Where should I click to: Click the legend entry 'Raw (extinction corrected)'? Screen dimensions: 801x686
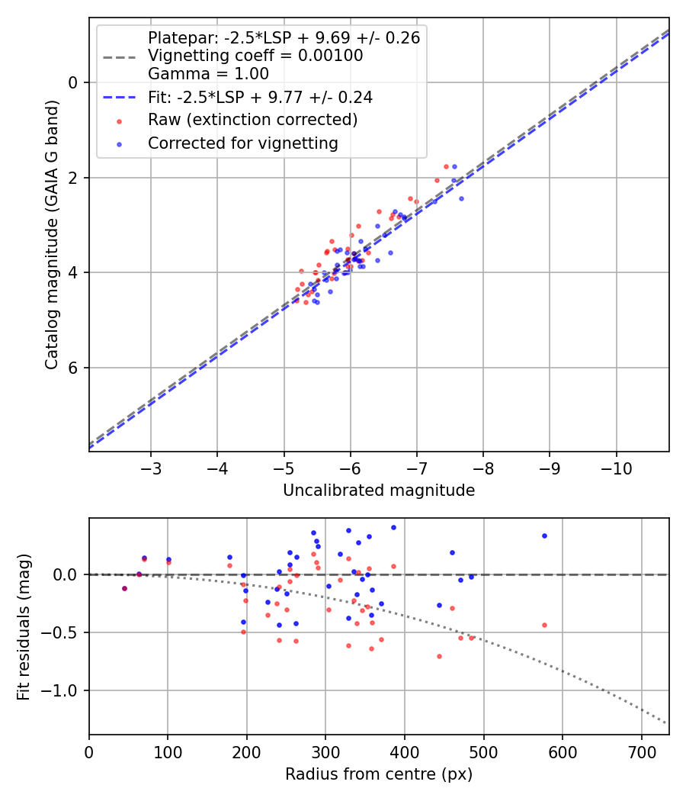coord(252,120)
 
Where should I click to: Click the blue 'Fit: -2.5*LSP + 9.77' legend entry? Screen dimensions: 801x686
coord(260,97)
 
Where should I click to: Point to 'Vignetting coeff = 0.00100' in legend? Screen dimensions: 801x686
coord(255,56)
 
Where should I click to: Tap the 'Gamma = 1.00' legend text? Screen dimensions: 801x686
coord(208,74)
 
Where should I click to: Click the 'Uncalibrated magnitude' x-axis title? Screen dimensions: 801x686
coord(379,491)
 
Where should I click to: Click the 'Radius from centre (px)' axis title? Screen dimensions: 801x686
coord(379,774)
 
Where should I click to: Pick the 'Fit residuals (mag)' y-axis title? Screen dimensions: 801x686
coord(24,626)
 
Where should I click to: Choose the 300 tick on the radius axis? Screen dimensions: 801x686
coord(325,751)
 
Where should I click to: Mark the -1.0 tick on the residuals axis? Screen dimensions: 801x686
coord(61,690)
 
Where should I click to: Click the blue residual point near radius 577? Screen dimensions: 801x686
coord(544,536)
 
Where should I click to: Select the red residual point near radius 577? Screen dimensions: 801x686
coord(544,625)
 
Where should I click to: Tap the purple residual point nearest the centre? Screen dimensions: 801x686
coord(124,588)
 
